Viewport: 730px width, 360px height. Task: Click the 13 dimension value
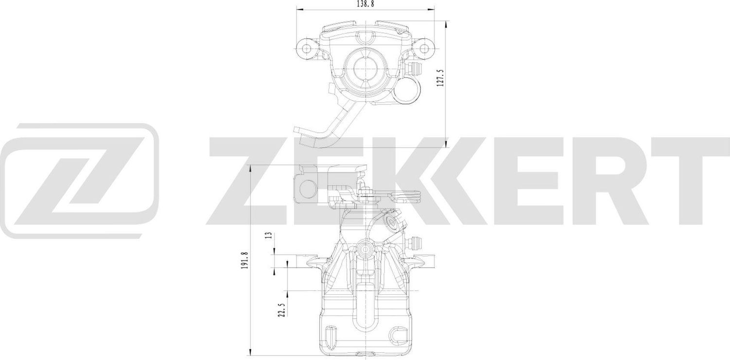click(x=268, y=236)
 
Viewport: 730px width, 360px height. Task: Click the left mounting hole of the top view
click(x=307, y=48)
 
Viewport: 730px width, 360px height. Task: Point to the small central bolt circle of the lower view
click(x=365, y=250)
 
